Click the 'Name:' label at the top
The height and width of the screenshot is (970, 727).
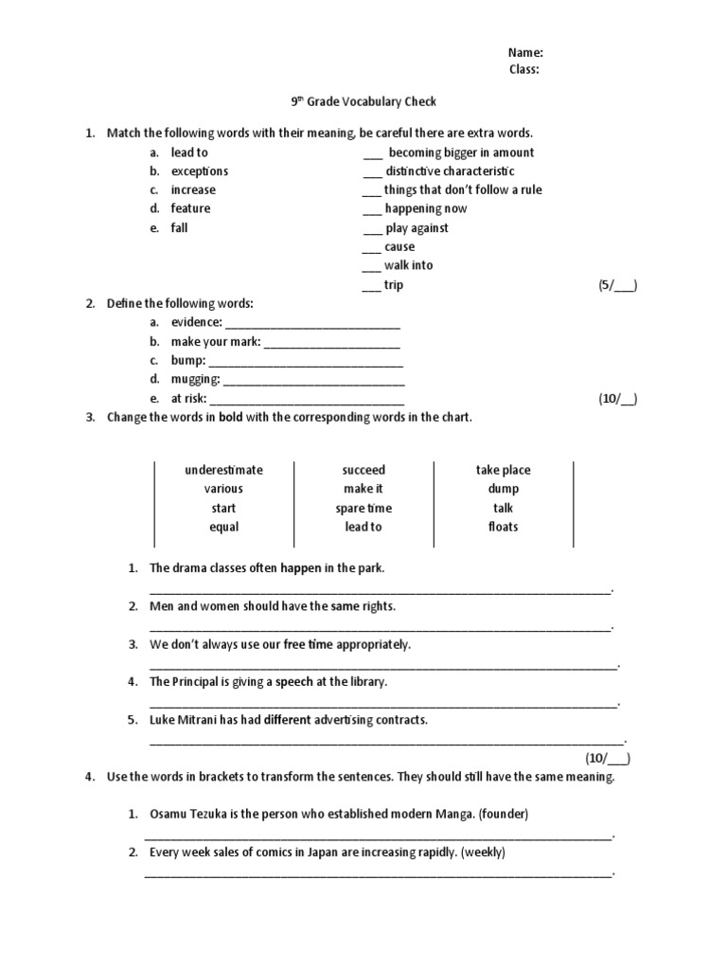[525, 53]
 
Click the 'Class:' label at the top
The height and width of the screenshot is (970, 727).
[524, 69]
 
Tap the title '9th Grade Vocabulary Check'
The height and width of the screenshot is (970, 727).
[363, 102]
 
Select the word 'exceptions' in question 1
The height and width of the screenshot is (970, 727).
[199, 171]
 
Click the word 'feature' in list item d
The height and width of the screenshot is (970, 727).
[190, 208]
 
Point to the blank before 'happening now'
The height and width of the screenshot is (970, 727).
[372, 210]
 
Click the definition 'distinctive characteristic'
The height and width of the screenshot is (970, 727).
[450, 171]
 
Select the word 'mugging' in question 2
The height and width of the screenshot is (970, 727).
[194, 380]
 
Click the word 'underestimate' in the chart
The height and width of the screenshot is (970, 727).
[223, 470]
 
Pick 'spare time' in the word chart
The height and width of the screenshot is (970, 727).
[363, 509]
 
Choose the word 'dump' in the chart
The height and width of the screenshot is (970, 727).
[503, 489]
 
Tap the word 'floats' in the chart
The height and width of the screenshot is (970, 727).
[503, 527]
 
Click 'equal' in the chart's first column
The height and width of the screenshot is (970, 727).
[223, 527]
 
